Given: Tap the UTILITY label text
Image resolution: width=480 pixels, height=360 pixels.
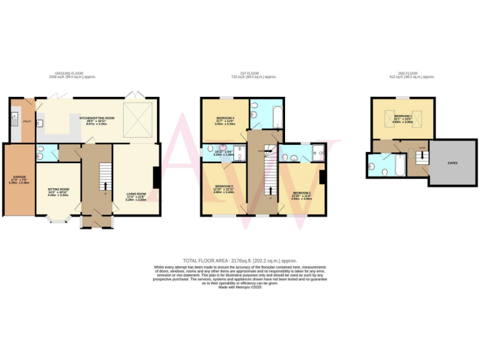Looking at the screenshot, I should [27, 121].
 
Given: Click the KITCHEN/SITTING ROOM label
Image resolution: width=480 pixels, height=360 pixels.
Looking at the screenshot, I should [97, 117].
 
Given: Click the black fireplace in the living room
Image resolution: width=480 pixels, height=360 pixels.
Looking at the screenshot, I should [156, 177].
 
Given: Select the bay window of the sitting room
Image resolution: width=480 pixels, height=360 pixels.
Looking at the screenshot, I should [58, 219].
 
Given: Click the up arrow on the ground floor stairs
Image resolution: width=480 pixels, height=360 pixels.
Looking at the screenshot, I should [104, 185].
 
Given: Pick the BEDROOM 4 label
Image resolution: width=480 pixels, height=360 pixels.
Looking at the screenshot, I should [224, 118].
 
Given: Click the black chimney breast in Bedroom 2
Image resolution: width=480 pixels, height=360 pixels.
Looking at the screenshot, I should [321, 177].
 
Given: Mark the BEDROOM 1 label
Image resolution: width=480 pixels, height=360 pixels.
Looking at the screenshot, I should [402, 116].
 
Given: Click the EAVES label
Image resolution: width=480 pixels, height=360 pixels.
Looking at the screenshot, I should [451, 162].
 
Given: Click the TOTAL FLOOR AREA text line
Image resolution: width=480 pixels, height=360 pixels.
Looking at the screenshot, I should [239, 260].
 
